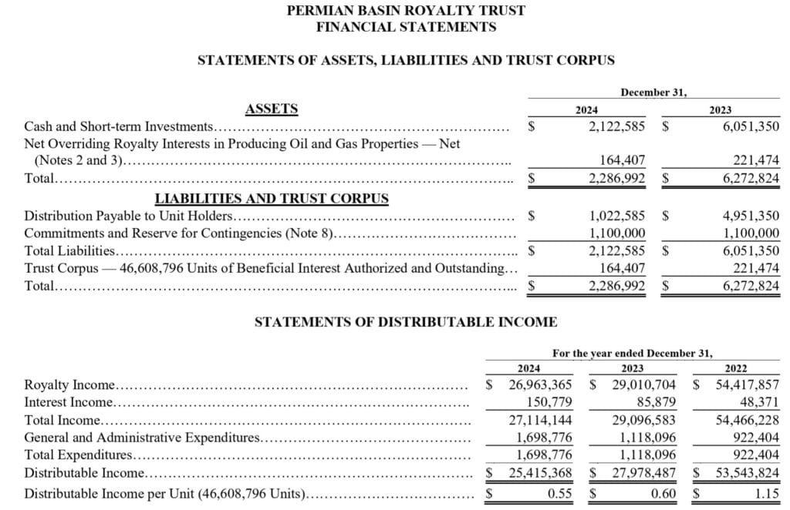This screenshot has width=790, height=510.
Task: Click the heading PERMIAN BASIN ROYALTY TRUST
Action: pos(406,11)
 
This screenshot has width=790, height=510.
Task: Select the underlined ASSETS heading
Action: pos(271,109)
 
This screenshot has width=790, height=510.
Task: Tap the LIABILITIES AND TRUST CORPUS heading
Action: pos(272,199)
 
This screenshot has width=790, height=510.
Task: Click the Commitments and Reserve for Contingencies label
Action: pos(178,233)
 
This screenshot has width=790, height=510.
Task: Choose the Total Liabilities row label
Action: pos(70,250)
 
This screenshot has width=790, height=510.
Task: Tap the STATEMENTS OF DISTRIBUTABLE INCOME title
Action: pos(406,322)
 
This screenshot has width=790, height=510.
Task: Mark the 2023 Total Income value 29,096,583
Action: pos(643,420)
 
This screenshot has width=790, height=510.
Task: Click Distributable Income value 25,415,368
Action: pos(540,472)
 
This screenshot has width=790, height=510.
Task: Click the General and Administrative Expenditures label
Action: pos(143,438)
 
